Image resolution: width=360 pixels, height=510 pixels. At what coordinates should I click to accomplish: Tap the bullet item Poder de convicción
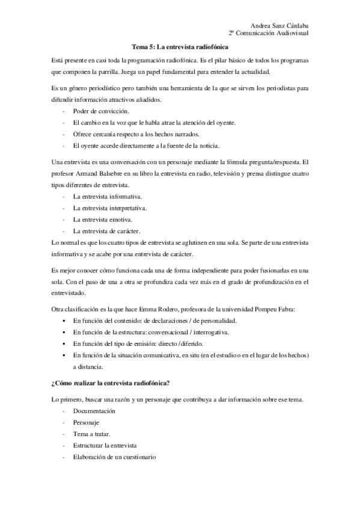tap(100, 111)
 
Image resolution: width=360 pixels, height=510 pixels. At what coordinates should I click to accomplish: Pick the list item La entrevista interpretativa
tap(110, 208)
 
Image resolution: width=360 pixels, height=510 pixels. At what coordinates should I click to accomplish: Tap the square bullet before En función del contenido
tap(64, 321)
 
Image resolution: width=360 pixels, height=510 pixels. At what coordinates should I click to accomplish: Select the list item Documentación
tap(94, 411)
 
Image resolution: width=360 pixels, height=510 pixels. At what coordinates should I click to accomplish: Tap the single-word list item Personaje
tap(86, 422)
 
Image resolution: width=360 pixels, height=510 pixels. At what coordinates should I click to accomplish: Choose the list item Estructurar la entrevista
tap(105, 446)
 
